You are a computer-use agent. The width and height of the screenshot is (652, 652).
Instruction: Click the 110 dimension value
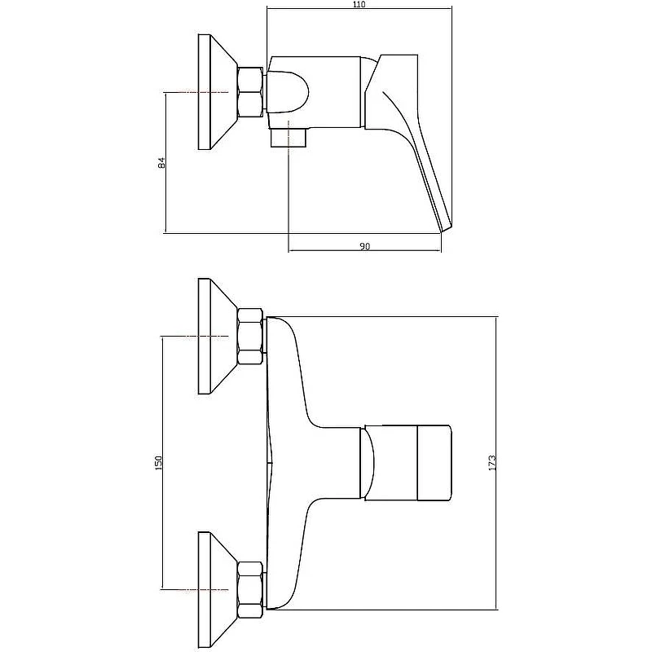tap(359, 4)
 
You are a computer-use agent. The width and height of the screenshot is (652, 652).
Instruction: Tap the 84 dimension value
tap(162, 162)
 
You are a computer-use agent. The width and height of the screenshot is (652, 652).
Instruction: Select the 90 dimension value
tap(364, 247)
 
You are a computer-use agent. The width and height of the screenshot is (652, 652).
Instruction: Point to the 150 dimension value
tap(158, 463)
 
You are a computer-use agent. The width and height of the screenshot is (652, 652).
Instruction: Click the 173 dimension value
tap(492, 463)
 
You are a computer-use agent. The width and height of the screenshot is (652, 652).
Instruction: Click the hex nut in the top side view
tap(250, 92)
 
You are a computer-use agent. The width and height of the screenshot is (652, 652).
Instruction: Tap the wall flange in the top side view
tap(218, 92)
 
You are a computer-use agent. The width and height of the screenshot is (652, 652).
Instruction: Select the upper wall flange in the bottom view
tap(218, 336)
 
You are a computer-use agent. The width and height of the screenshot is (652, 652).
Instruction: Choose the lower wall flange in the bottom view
tap(218, 589)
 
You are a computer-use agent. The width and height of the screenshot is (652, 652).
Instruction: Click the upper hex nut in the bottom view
tap(250, 337)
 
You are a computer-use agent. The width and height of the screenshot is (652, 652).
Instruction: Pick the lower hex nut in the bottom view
tap(250, 589)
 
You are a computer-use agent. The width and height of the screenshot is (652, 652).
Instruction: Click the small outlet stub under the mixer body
tap(289, 138)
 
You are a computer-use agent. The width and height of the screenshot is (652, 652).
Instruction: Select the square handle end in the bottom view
tap(434, 463)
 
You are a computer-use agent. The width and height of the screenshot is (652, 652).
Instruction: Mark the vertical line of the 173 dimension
tap(497, 463)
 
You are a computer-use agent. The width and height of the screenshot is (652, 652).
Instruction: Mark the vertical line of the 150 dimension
tap(162, 463)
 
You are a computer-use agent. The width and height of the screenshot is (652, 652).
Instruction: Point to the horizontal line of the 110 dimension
tap(359, 8)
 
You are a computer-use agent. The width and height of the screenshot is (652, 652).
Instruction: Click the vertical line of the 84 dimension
tap(166, 162)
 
